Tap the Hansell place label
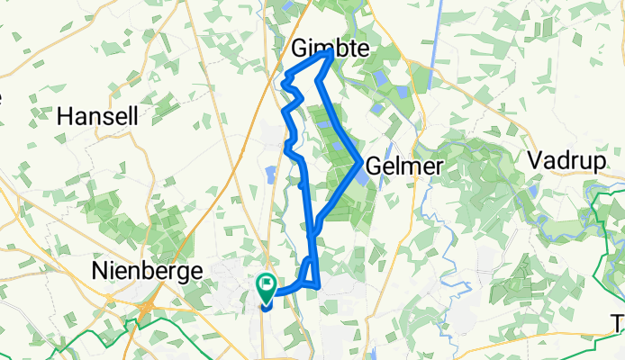96,116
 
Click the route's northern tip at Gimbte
331,53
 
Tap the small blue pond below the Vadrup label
533,192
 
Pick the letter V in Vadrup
534,159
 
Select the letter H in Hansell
63,116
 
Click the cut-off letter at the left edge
3,95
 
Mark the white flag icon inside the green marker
268,284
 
